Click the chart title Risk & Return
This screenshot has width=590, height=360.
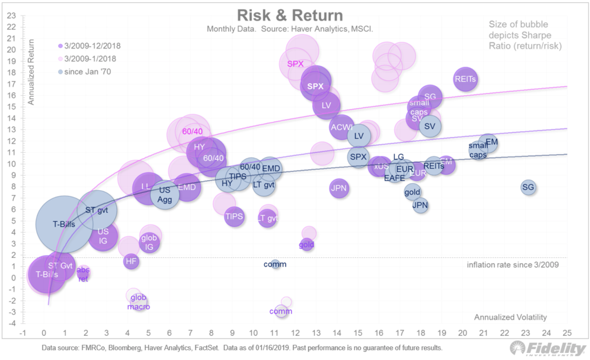tap(290, 15)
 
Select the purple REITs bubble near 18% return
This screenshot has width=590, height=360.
tap(465, 79)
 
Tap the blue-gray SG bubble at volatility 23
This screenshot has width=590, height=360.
tap(528, 187)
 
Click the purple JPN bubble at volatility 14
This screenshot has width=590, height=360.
tap(339, 188)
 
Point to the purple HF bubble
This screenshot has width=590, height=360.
tap(131, 261)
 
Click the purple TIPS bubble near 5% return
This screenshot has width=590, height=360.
tap(234, 216)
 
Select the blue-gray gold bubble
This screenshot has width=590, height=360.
tap(412, 192)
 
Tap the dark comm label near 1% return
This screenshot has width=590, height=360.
tap(275, 264)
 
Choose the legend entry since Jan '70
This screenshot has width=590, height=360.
tap(87, 72)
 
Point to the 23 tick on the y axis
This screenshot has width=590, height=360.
tap(11, 15)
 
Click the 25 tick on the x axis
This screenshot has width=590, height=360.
tap(567, 333)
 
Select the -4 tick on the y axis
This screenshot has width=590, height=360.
tap(12, 324)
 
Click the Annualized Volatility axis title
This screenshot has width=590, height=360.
tap(510, 317)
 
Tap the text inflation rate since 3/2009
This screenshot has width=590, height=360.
tap(513, 265)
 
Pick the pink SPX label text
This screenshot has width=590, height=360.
tap(295, 64)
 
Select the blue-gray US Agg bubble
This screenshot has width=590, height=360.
tap(164, 195)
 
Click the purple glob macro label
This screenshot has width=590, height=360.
tap(138, 302)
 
